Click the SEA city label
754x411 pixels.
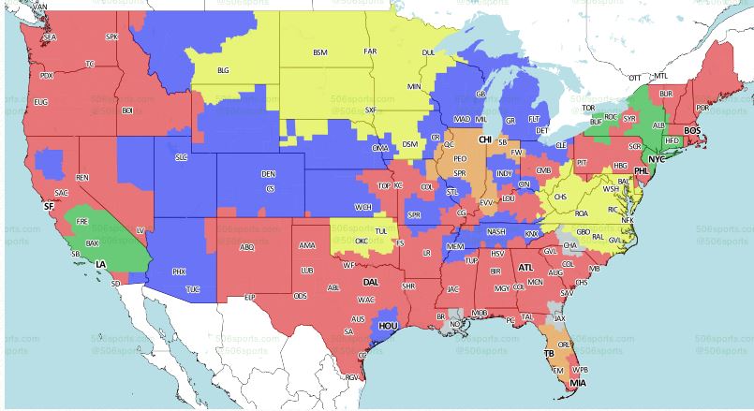50,37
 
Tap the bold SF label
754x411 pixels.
49,206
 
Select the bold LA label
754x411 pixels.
100,265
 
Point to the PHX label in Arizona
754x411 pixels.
180,272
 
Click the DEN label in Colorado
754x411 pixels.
269,174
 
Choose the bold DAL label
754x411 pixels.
372,281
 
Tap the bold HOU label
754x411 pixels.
387,325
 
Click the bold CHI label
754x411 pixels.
485,139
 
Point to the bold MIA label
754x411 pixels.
578,384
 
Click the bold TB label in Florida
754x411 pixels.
550,355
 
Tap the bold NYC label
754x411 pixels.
657,159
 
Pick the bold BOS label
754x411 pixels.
692,130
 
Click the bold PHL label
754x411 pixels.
642,172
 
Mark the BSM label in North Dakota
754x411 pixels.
320,52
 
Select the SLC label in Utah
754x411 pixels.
182,157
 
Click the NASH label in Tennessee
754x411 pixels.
496,232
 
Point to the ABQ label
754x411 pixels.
247,248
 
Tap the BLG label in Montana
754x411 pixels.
223,70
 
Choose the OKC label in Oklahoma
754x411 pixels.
361,241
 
